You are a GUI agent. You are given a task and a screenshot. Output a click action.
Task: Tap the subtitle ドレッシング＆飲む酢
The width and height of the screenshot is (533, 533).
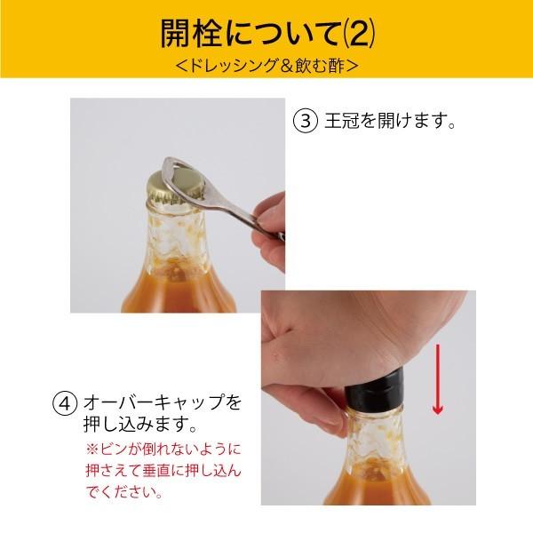click(266, 66)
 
